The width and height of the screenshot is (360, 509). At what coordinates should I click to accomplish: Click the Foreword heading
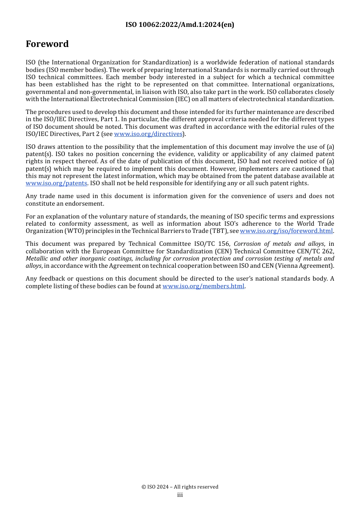(47, 44)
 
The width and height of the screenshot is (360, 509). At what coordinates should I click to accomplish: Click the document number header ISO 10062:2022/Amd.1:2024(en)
(180, 25)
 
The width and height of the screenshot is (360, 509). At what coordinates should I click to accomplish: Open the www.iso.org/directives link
(148, 134)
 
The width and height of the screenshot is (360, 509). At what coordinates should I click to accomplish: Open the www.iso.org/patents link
(56, 183)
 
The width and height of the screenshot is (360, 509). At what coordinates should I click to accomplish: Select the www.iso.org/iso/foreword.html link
(286, 231)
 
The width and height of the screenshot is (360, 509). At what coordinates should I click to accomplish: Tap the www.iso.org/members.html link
(203, 286)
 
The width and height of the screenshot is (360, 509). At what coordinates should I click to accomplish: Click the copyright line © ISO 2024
(180, 487)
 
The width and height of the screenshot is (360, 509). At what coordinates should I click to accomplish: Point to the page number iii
(180, 495)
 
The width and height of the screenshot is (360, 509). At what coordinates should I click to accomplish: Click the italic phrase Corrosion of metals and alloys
(279, 244)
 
